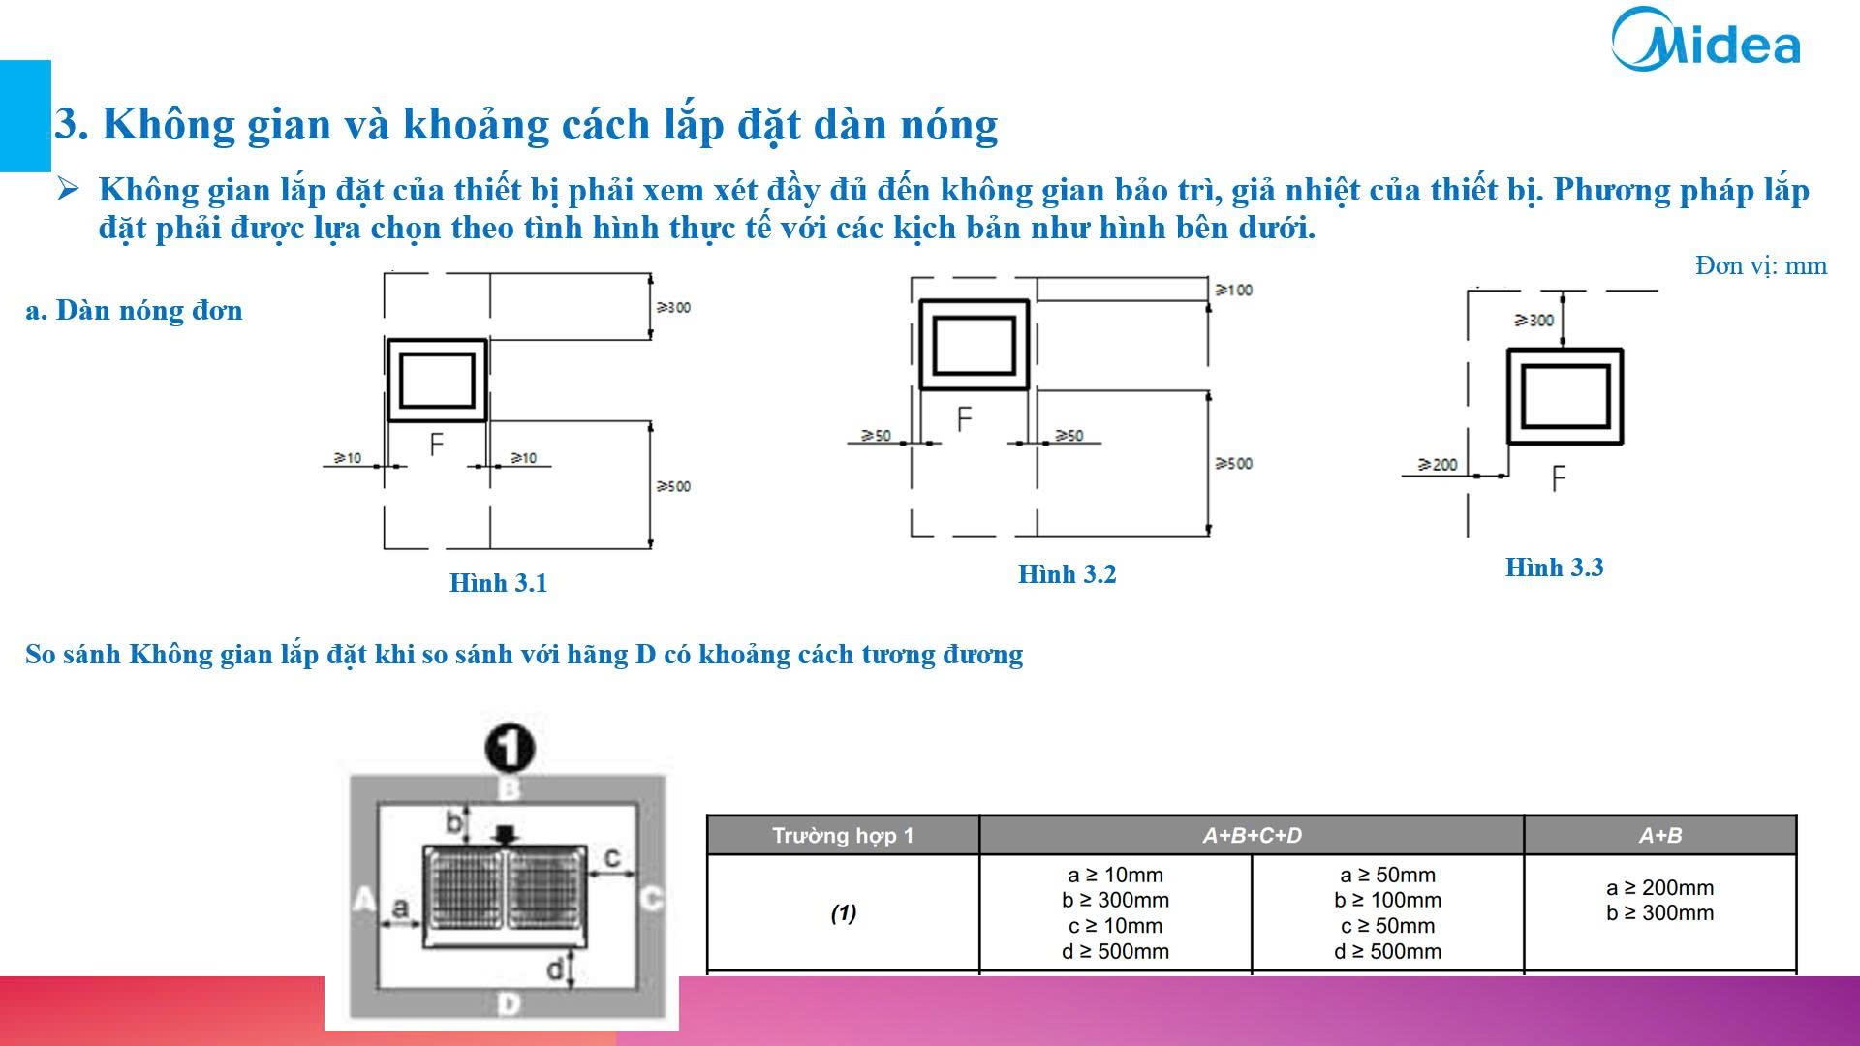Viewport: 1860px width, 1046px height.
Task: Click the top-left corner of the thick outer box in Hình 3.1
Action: point(388,341)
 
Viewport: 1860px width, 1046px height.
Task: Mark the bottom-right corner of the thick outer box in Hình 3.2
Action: point(1028,388)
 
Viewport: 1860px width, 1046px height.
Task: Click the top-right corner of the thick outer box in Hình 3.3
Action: point(1621,351)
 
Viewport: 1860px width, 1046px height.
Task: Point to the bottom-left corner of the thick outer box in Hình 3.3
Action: point(1508,443)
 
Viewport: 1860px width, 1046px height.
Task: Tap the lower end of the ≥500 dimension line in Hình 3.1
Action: point(651,548)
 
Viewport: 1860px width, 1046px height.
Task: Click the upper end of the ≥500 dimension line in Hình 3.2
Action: point(1207,390)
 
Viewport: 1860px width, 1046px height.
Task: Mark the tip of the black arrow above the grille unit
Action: point(505,846)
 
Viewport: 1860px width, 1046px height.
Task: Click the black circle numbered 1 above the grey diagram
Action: point(510,747)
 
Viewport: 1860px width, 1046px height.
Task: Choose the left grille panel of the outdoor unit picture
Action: point(465,889)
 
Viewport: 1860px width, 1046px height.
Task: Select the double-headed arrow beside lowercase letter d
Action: point(573,969)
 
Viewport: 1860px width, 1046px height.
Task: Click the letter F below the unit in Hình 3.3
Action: point(1558,478)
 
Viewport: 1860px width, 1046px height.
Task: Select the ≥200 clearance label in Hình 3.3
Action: point(1438,465)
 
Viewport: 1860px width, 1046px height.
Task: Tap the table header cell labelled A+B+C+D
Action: point(1252,835)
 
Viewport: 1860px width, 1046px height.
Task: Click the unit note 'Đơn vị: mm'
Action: point(1761,265)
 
